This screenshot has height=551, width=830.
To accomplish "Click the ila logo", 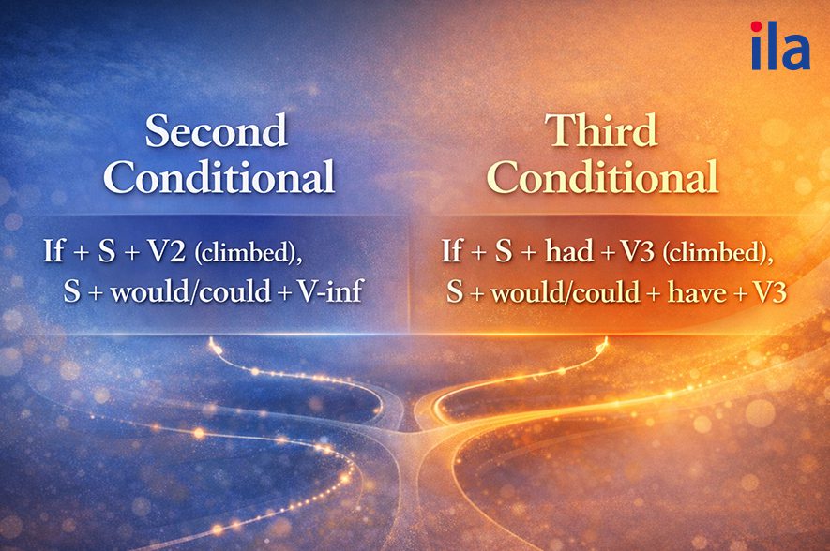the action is (780, 46).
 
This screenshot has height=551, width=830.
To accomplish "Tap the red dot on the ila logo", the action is (757, 26).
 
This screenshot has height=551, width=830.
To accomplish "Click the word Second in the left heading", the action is (217, 130).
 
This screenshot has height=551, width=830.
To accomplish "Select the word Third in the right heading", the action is (601, 130).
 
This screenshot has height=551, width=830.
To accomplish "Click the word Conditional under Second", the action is (219, 176).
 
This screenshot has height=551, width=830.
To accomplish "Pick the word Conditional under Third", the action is (603, 176).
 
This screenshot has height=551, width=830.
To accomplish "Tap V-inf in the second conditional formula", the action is (330, 290).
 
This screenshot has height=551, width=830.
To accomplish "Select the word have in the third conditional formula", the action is (697, 291).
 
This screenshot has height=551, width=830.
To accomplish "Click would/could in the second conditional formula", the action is (190, 291).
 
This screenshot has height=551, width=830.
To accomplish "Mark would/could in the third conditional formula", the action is (566, 292).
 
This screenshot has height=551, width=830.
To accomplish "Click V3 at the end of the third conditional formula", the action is (769, 291).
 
